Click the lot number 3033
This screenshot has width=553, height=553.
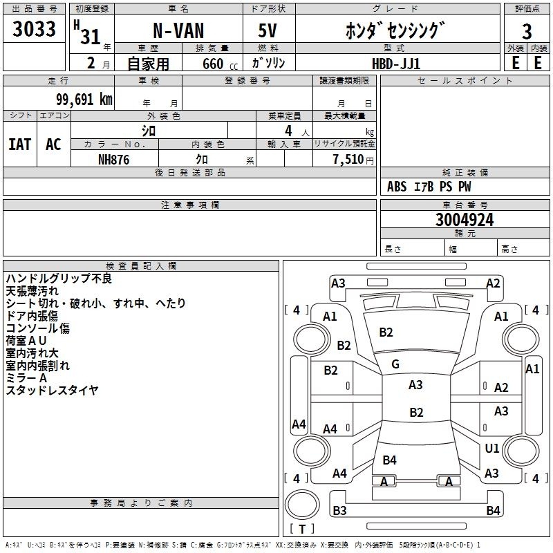(34, 31)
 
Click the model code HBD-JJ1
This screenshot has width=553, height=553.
(395, 63)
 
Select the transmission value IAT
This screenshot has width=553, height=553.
(19, 144)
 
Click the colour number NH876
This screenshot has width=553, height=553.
(114, 159)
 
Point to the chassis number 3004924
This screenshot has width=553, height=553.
(465, 220)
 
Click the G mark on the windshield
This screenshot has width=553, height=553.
(395, 364)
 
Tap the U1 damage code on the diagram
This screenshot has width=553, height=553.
(492, 449)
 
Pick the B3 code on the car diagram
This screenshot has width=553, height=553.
(339, 511)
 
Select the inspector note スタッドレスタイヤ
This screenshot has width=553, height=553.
(52, 391)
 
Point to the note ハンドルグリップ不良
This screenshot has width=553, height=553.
(58, 279)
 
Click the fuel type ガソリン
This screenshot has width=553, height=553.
(268, 63)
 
